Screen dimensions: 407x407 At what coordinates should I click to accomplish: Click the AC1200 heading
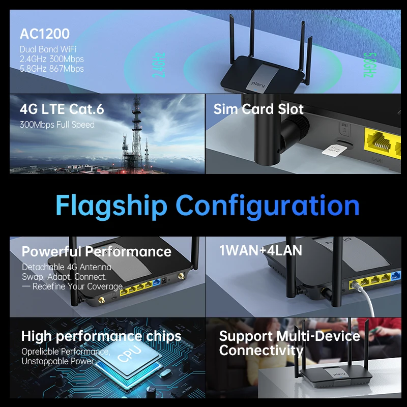click(45, 34)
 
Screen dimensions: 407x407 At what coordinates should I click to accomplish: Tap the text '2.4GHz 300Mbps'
click(51, 59)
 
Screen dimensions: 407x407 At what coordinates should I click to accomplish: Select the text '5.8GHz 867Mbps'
click(51, 69)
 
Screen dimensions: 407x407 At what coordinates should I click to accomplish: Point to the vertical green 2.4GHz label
click(158, 65)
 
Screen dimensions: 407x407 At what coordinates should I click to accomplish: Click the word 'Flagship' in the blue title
click(111, 206)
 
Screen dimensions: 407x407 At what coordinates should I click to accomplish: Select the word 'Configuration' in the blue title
click(268, 206)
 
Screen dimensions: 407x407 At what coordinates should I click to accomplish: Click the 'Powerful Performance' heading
click(96, 251)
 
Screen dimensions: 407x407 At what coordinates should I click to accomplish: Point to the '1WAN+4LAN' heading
click(260, 250)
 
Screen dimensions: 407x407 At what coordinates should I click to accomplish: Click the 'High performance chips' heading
click(101, 336)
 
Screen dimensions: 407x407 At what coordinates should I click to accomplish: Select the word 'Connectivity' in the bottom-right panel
click(261, 350)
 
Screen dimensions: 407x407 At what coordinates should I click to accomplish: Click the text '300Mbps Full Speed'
click(57, 125)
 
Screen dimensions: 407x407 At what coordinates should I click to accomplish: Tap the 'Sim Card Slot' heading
click(258, 109)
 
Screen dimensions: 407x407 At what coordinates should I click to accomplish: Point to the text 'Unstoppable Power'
click(57, 361)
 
